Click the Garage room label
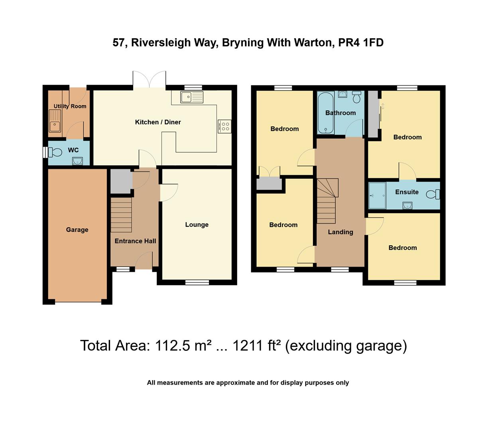(77, 230)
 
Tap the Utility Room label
(70, 106)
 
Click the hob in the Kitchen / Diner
(225, 127)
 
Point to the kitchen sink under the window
(191, 97)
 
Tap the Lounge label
(197, 225)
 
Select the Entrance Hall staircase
(121, 215)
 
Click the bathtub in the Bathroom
(326, 113)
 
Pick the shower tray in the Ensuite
(377, 196)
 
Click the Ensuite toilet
(433, 195)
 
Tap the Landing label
(340, 232)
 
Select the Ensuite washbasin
(407, 205)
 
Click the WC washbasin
(77, 161)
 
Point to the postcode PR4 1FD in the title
(361, 43)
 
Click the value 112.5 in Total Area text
(173, 346)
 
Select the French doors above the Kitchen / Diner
(149, 79)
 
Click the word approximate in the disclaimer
(235, 383)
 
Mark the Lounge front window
(197, 283)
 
